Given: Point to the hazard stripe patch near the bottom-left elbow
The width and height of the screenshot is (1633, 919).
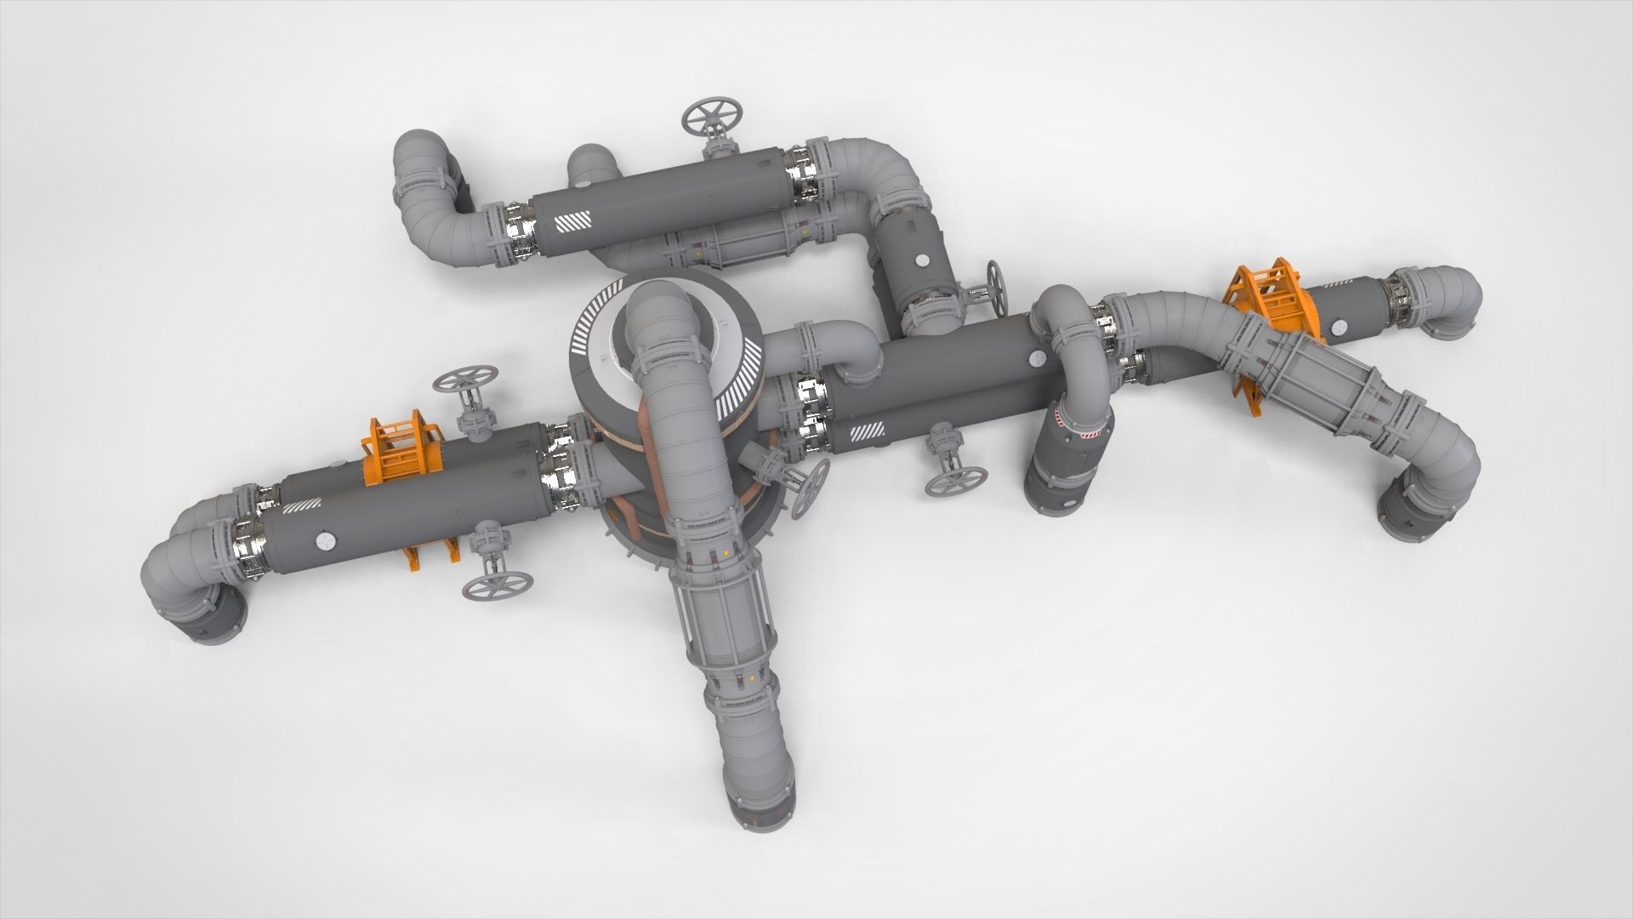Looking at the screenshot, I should pos(299,509).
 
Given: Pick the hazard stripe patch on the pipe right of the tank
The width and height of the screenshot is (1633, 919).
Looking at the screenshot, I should pos(868,432).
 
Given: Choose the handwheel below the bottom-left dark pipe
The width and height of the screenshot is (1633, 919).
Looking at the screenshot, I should pos(498,585).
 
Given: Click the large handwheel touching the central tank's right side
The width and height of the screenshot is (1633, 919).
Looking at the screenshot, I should pos(810,488).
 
